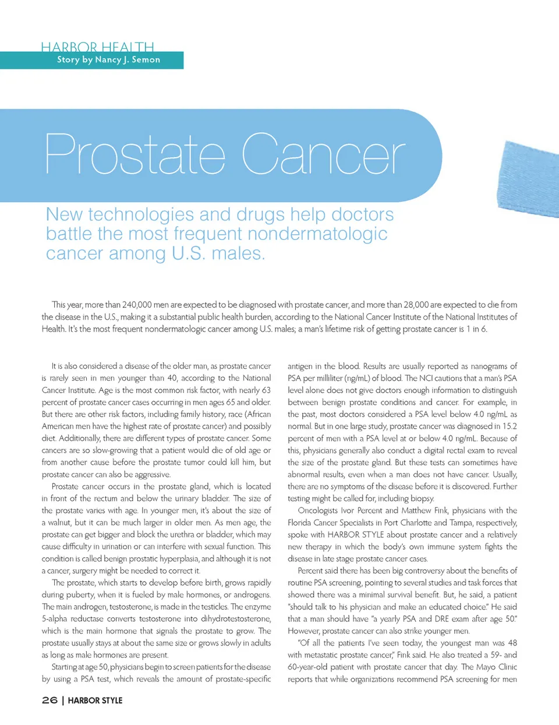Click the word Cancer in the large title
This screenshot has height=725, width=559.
pyautogui.click(x=323, y=155)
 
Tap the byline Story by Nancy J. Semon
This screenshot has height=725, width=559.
pyautogui.click(x=108, y=60)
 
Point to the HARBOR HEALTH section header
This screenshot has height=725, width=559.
pyautogui.click(x=97, y=47)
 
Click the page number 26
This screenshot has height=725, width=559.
pyautogui.click(x=49, y=700)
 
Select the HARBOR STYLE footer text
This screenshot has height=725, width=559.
pyautogui.click(x=95, y=701)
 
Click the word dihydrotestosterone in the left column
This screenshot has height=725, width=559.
pyautogui.click(x=235, y=618)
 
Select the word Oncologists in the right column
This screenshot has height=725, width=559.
pyautogui.click(x=319, y=510)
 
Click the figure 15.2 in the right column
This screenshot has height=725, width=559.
pyautogui.click(x=510, y=426)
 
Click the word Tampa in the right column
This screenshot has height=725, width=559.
pyautogui.click(x=463, y=522)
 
